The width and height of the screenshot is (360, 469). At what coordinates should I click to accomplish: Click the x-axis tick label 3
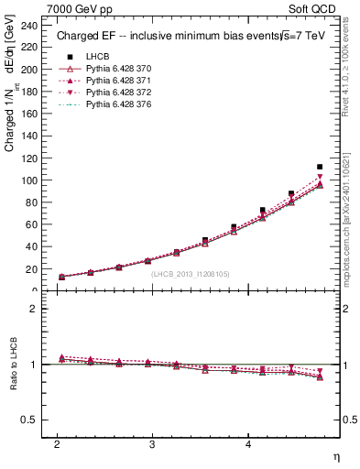point(152,444)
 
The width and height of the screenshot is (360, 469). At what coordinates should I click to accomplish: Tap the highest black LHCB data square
point(320,167)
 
